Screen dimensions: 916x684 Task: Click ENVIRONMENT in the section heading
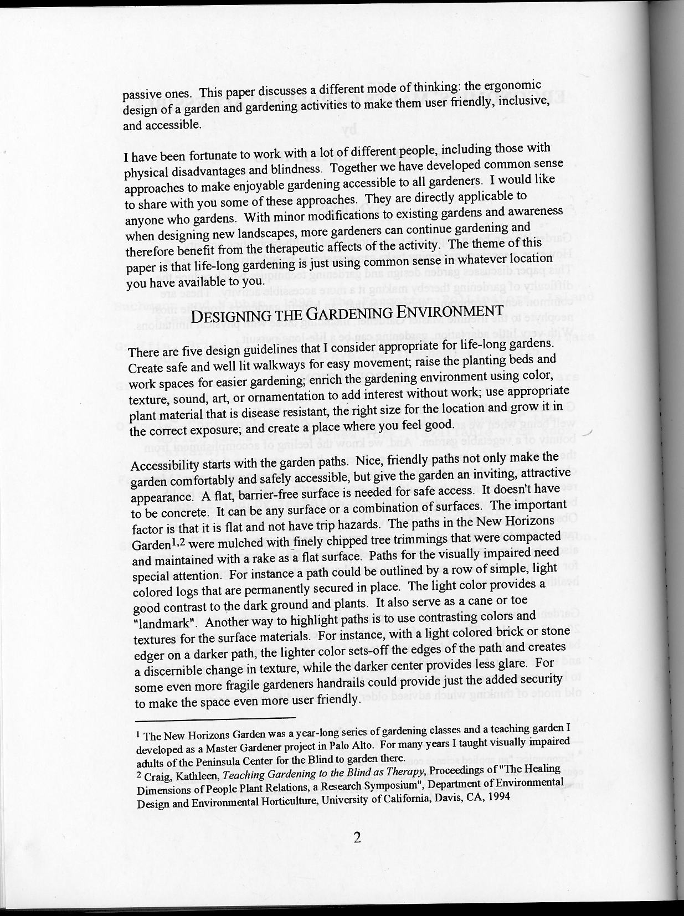click(x=450, y=311)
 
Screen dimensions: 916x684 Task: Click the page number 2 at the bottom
click(x=357, y=837)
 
